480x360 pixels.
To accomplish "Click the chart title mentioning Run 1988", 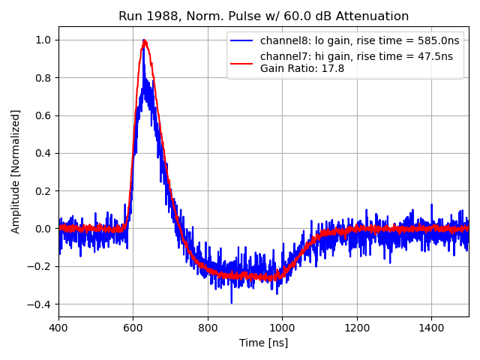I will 263,16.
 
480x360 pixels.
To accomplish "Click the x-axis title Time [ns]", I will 263,343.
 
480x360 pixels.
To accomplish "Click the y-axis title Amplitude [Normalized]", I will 16,171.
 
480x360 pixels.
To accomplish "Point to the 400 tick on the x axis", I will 58,328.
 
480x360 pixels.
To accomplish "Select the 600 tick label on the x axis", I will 133,328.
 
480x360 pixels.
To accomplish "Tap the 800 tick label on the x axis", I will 208,328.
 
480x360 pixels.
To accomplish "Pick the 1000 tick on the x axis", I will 282,328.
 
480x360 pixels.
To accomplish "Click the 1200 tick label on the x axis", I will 357,328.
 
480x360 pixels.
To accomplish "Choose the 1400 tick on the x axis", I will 431,328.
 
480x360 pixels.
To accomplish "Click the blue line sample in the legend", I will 243,41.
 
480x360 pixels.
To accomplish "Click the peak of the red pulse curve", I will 144,41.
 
